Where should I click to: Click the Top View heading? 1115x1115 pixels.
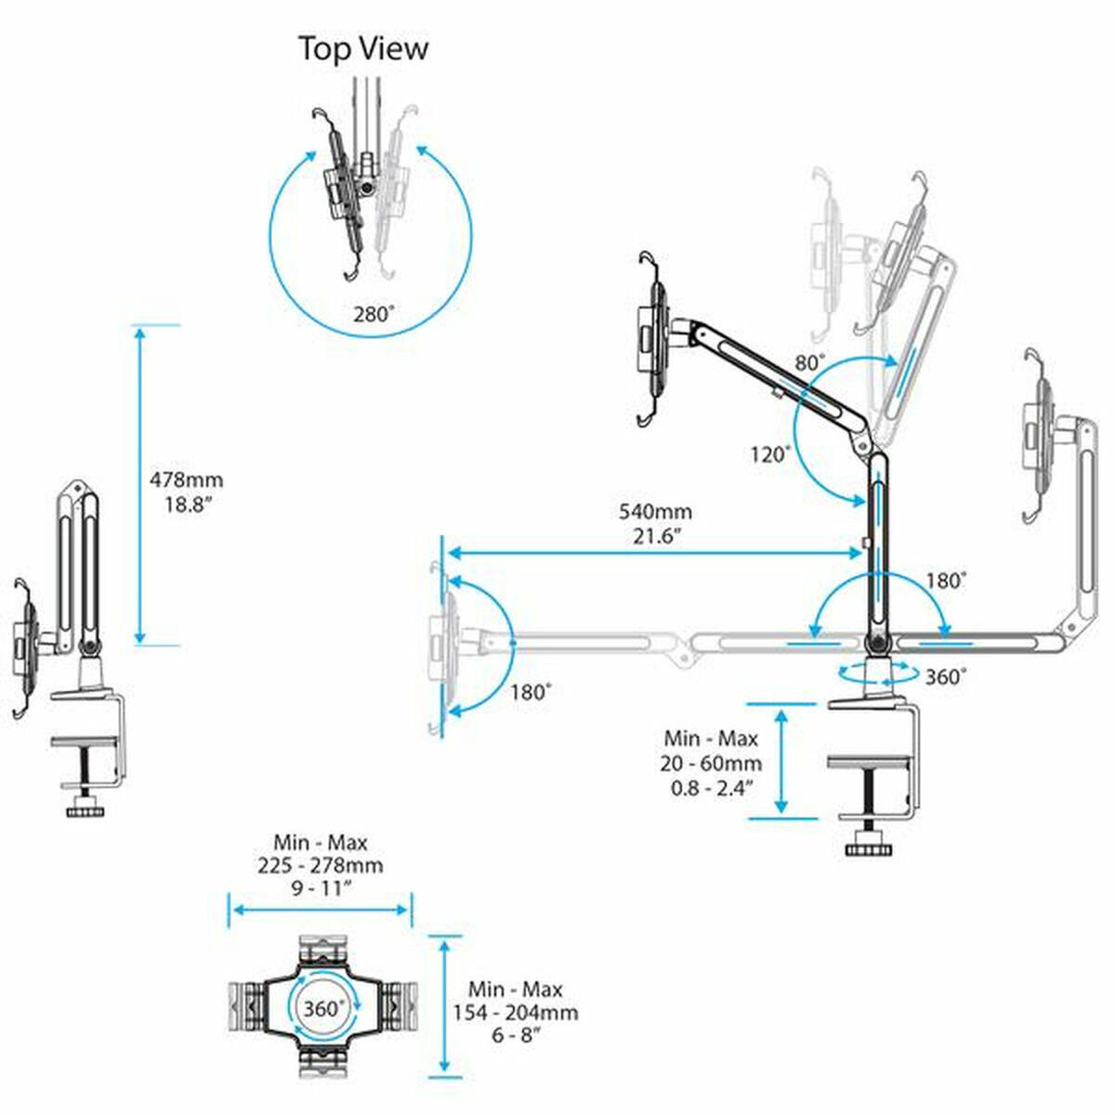[x=363, y=48]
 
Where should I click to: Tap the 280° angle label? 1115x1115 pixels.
[x=374, y=313]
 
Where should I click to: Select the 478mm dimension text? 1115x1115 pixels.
[x=187, y=480]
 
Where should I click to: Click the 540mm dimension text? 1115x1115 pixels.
[x=655, y=512]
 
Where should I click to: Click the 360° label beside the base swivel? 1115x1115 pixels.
[x=945, y=677]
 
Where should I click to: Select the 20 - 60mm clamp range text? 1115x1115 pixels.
[x=713, y=764]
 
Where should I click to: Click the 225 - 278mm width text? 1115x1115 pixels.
[x=321, y=865]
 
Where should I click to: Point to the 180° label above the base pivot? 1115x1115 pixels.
[x=946, y=581]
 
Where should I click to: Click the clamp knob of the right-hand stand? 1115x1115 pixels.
[x=868, y=848]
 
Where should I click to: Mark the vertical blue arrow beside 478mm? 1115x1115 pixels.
[x=140, y=483]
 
